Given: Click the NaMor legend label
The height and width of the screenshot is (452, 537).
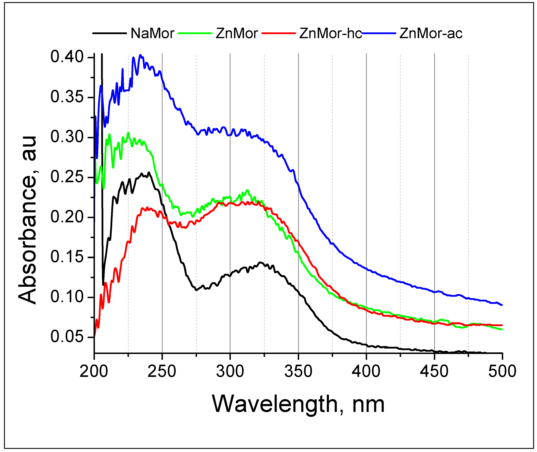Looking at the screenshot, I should [153, 33].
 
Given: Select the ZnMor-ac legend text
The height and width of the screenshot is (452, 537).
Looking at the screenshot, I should [431, 33].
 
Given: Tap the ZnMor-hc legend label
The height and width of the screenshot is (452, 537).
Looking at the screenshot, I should [330, 33].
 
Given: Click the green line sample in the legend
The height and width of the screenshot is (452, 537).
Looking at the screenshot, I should [195, 33].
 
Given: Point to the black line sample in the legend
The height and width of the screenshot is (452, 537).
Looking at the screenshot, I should [109, 33].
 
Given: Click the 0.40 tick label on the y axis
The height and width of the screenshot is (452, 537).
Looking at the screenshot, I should [67, 57].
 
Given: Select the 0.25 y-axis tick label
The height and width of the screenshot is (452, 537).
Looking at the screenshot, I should [67, 177].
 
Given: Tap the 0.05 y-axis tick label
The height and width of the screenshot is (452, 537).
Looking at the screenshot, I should [67, 337].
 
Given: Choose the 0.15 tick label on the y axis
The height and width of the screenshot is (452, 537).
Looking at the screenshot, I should [67, 257].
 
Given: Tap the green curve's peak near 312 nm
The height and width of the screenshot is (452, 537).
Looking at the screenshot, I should [247, 190].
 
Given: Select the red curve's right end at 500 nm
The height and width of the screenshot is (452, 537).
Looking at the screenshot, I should [502, 325].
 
